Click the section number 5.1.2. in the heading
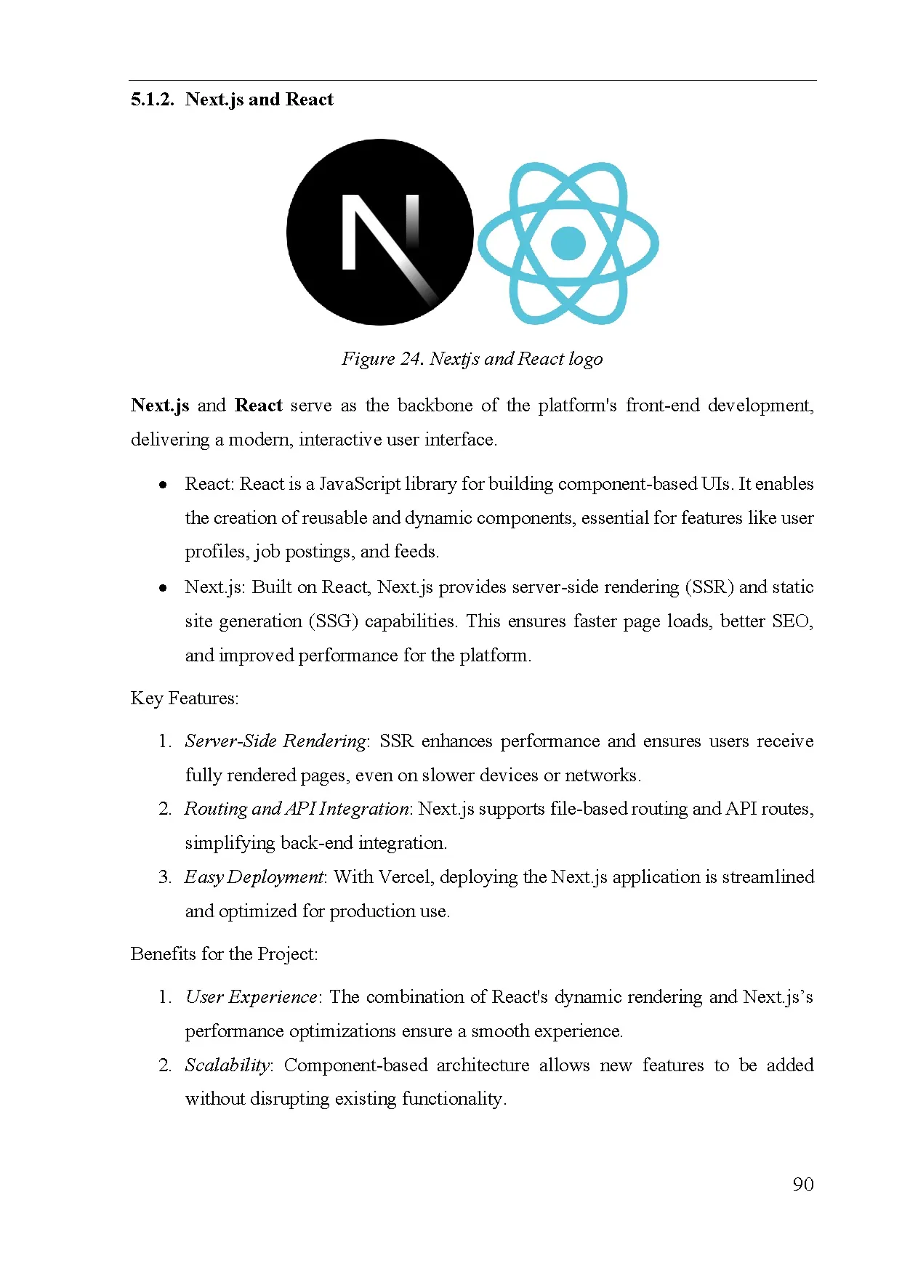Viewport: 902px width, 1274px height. coord(152,100)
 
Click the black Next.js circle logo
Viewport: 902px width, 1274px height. coord(379,232)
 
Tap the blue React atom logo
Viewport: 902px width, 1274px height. coord(568,243)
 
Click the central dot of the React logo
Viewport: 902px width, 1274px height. coord(568,243)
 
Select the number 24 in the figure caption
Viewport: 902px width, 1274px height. coord(411,359)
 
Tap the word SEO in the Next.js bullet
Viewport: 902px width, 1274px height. coord(791,621)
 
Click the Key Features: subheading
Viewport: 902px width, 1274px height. coord(185,698)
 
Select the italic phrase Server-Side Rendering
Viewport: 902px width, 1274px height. coord(275,741)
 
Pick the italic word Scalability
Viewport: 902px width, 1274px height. coord(227,1065)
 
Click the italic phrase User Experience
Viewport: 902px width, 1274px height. coord(251,997)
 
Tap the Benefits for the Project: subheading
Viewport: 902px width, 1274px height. coord(224,954)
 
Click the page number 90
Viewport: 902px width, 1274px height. coord(802,1185)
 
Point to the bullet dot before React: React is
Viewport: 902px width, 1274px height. coord(164,485)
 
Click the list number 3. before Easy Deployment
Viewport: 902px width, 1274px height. coord(165,877)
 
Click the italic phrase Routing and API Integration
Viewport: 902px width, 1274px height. coord(297,809)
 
